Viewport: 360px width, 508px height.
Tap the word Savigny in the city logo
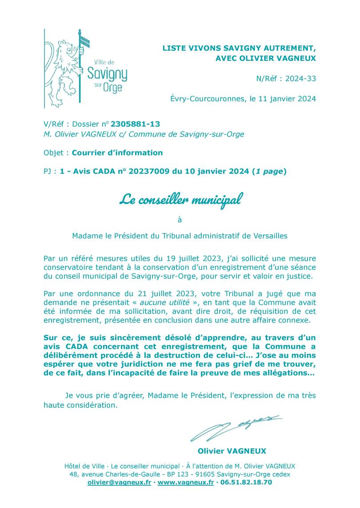point(108,73)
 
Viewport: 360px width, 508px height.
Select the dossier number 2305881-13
point(135,124)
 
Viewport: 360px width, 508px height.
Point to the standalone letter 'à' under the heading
point(180,218)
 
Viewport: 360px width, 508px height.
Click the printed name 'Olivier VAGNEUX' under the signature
point(238,451)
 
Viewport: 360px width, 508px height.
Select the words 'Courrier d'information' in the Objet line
point(117,153)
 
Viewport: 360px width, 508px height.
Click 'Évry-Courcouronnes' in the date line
point(206,99)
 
